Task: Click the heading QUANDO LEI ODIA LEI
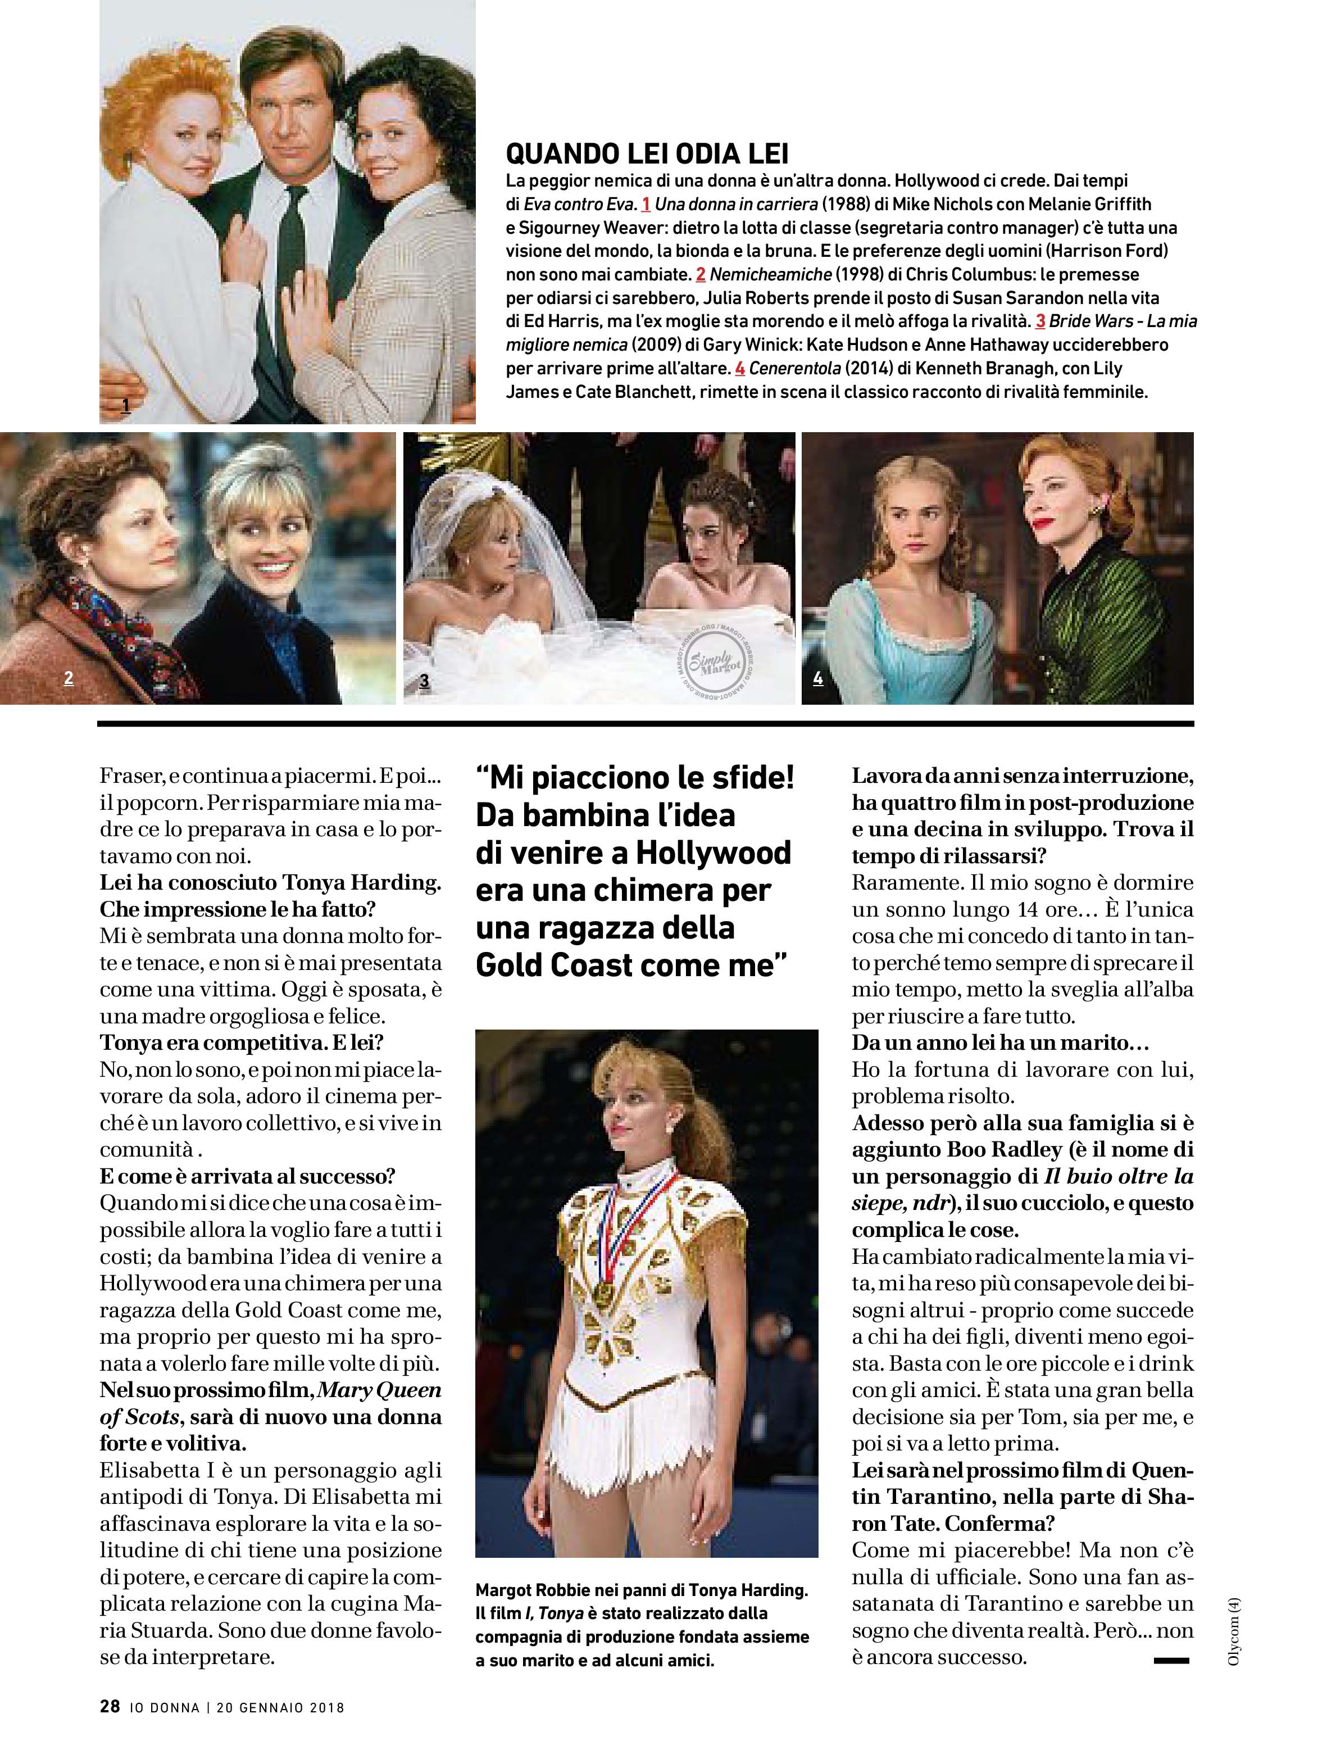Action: point(647,153)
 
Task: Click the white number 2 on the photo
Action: point(69,678)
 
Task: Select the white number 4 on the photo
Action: point(818,678)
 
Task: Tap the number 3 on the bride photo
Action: point(425,681)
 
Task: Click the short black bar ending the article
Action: point(1170,1661)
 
